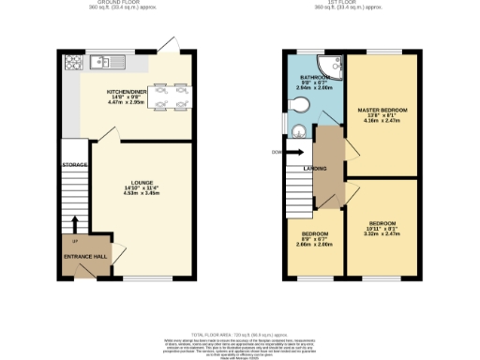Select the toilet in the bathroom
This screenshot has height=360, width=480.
(x=298, y=131)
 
